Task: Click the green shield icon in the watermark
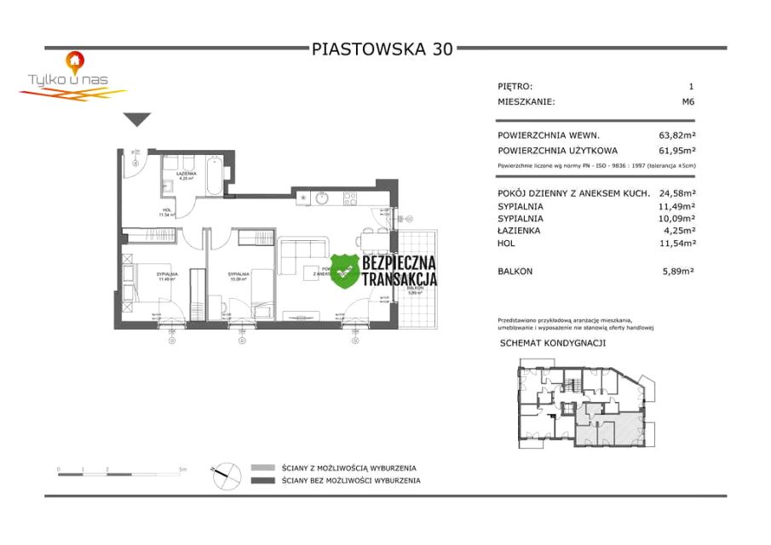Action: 344,271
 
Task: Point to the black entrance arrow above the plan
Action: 136,120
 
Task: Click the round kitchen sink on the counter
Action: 322,198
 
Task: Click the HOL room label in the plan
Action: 167,210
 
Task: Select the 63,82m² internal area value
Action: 677,135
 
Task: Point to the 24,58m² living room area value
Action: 677,193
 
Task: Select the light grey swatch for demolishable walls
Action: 263,468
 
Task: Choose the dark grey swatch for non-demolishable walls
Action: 263,480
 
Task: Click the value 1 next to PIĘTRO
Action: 691,86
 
